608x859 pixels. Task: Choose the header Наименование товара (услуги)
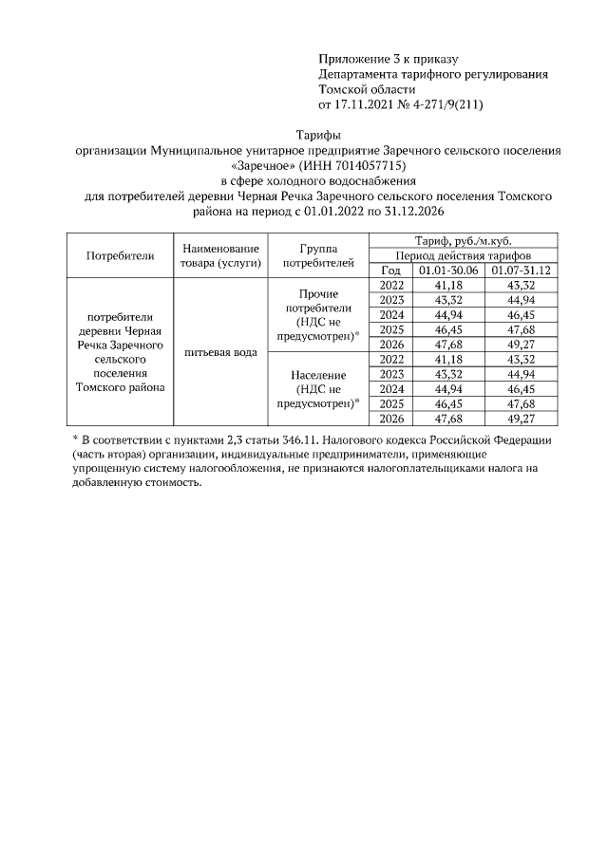(x=220, y=255)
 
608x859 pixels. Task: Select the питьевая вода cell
(x=220, y=352)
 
